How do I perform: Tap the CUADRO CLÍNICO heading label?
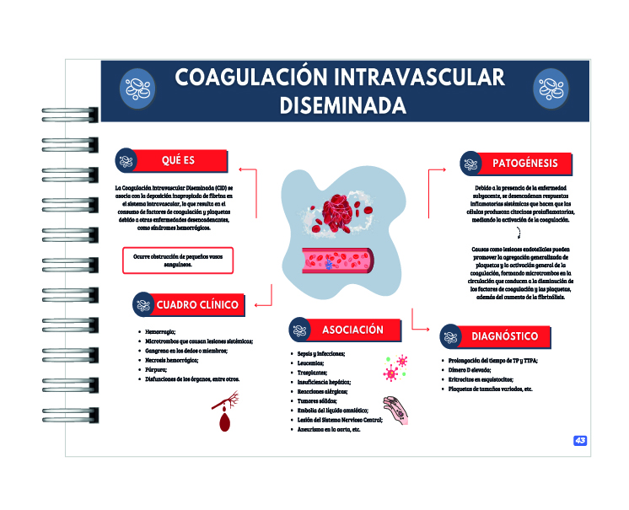(197, 304)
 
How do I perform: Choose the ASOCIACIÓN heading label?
(352, 330)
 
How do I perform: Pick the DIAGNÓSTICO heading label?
(504, 336)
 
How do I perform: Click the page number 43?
(580, 441)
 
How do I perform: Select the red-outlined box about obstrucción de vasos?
(177, 260)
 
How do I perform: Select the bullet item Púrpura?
(159, 369)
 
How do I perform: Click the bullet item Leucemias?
(311, 363)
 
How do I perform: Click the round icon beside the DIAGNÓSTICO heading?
(449, 336)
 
